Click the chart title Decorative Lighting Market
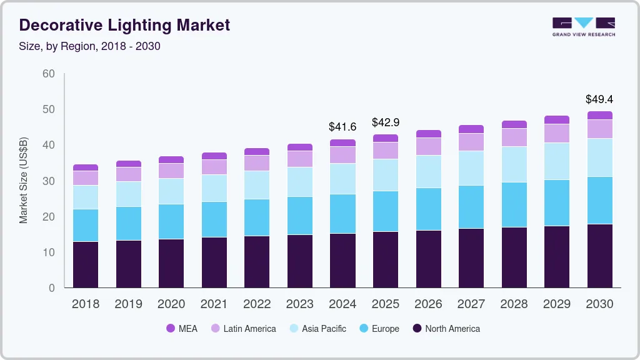[124, 25]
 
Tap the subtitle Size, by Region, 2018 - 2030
[89, 46]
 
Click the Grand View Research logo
[583, 26]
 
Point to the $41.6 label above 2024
[342, 127]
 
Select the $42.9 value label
[386, 122]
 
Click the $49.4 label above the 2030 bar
[599, 99]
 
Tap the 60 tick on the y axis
[48, 74]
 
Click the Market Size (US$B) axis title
[24, 181]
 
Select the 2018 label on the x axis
[86, 304]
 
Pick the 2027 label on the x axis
[471, 304]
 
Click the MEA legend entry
[182, 329]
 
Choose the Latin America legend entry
[243, 329]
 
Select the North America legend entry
[446, 329]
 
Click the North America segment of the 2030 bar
[599, 256]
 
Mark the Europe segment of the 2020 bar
[171, 221]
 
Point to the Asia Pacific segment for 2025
[386, 175]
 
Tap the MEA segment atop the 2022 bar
[257, 151]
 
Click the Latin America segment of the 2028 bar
[514, 137]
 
